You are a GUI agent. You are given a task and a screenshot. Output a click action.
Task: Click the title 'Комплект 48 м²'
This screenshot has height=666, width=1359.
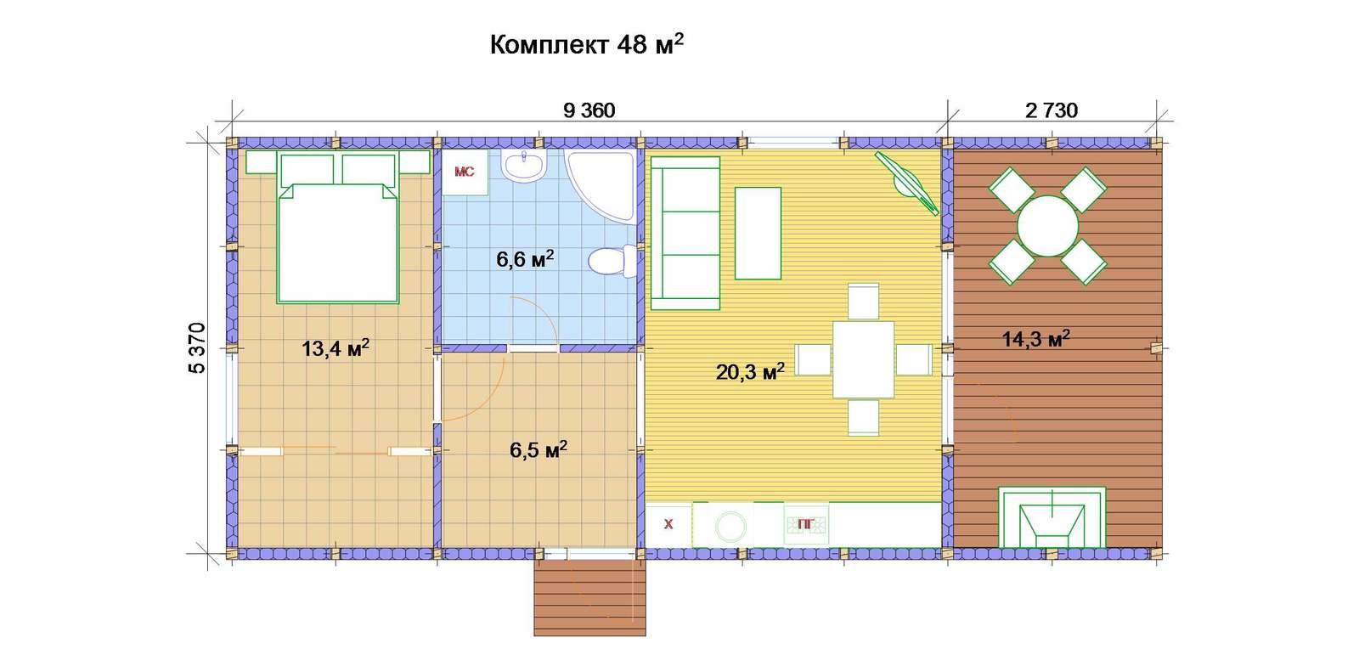click(587, 44)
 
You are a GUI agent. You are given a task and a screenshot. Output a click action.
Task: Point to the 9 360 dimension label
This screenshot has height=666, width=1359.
click(589, 110)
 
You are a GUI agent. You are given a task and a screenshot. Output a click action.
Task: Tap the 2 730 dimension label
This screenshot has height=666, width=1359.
click(1052, 110)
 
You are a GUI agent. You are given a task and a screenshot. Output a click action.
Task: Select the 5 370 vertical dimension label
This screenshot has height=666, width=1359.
click(198, 348)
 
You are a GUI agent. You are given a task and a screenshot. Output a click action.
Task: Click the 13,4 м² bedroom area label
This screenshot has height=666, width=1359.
click(336, 348)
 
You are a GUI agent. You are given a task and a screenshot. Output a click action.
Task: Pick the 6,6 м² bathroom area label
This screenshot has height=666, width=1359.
click(525, 259)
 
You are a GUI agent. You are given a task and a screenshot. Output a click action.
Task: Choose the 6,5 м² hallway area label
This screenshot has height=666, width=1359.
click(539, 449)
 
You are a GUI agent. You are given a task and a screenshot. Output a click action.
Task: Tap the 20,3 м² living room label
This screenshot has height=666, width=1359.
click(751, 372)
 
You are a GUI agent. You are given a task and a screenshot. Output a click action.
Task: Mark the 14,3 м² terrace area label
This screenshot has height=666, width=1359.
click(1035, 339)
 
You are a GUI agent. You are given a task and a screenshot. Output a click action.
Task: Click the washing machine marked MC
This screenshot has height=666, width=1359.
click(465, 172)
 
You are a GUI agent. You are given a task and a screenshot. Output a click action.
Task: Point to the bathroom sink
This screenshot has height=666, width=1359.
click(524, 165)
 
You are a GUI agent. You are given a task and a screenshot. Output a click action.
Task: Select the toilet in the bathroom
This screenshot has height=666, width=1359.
click(612, 261)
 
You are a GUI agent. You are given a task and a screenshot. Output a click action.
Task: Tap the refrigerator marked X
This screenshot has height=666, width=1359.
click(668, 525)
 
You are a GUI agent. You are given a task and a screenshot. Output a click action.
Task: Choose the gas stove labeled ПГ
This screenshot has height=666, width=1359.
click(806, 525)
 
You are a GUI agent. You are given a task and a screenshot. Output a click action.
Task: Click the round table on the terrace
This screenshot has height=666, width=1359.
click(1047, 226)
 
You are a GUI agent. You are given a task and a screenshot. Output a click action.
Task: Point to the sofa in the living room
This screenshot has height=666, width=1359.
click(685, 233)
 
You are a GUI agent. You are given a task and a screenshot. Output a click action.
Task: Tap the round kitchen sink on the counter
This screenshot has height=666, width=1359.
click(730, 527)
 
